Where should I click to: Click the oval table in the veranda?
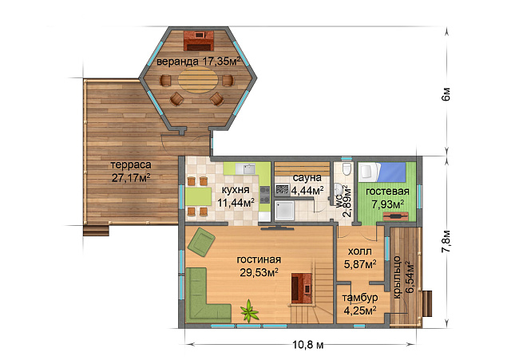click(x=198, y=80)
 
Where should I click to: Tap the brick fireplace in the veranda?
click(x=199, y=41)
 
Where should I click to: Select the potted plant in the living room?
click(x=250, y=311)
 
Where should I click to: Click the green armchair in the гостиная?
click(x=201, y=242)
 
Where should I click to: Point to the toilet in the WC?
click(x=347, y=168)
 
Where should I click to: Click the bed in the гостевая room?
click(x=382, y=172)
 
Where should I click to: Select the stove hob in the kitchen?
click(x=264, y=195)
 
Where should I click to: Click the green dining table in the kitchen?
click(x=199, y=196)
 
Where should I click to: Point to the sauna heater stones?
click(x=282, y=189)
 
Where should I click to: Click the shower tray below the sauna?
click(x=284, y=210)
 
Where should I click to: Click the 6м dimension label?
click(x=446, y=94)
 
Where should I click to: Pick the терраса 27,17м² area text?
click(x=131, y=172)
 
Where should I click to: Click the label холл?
click(x=360, y=251)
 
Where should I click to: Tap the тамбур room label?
click(x=360, y=298)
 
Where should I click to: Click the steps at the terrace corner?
click(x=96, y=230)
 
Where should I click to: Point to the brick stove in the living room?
click(x=302, y=287)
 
